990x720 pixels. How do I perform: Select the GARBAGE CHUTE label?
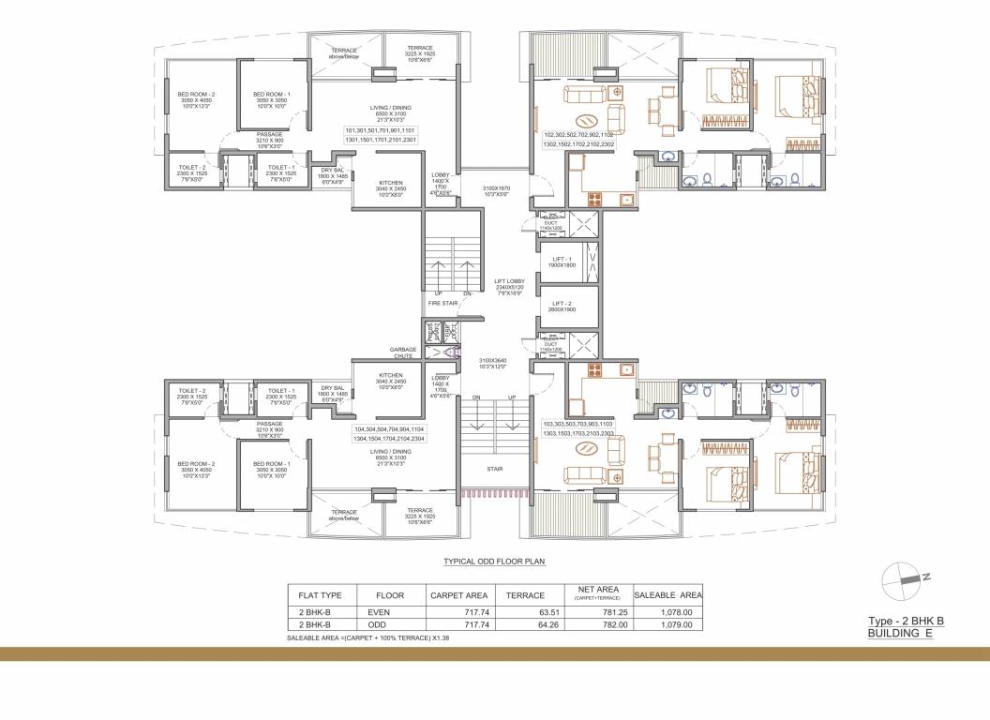(403, 352)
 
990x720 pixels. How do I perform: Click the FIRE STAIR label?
(442, 304)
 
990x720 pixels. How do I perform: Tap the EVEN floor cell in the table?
(378, 610)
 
